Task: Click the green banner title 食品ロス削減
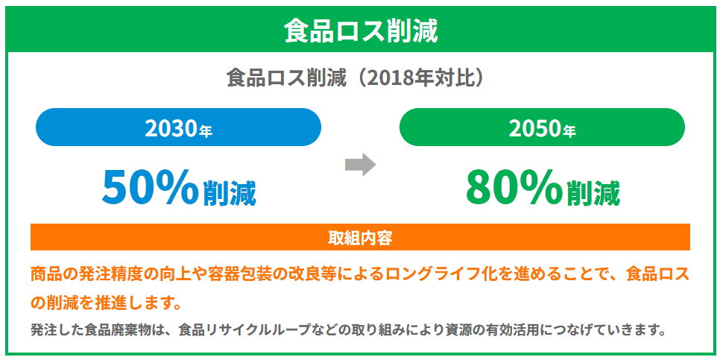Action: [x=361, y=31]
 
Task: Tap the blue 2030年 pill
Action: [x=178, y=127]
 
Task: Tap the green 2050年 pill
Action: [x=542, y=127]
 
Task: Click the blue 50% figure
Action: [x=150, y=187]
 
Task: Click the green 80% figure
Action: [x=514, y=187]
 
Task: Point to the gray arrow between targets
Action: [x=361, y=164]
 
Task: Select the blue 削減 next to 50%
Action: [x=230, y=194]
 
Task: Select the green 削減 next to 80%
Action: [x=593, y=194]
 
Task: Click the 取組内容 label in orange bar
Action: [x=360, y=238]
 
